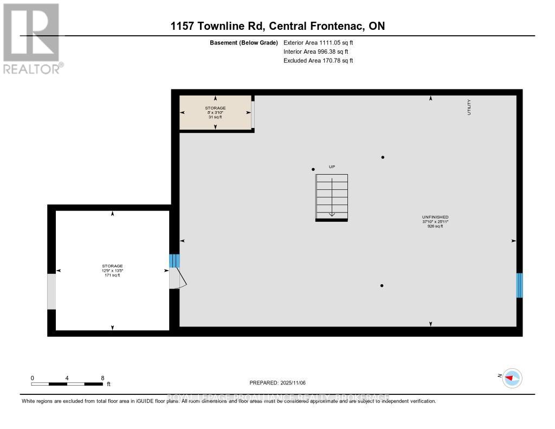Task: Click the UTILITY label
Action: [x=469, y=106]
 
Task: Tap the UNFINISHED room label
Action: [x=435, y=217]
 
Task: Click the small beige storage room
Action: [x=215, y=112]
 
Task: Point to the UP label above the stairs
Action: [x=332, y=167]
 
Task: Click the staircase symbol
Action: [x=332, y=197]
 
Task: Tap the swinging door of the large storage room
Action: [x=178, y=278]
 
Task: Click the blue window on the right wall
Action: [x=519, y=285]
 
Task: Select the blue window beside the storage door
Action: [x=174, y=261]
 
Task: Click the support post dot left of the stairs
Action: [x=313, y=169]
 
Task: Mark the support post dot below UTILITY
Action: [x=383, y=157]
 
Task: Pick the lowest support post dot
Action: [x=382, y=285]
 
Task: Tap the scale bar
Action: [x=67, y=384]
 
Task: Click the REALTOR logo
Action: [x=32, y=39]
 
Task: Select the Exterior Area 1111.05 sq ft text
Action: [x=318, y=42]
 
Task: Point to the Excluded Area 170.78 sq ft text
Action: [x=318, y=61]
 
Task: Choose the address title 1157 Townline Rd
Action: [x=277, y=26]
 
